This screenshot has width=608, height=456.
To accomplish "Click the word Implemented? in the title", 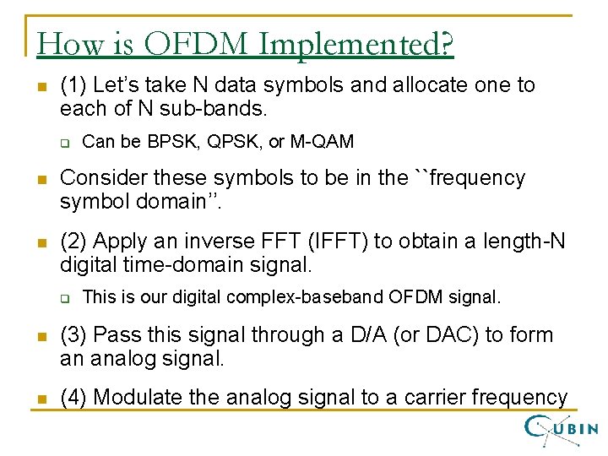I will (x=356, y=45).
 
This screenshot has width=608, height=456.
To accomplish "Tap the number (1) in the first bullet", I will (x=73, y=85).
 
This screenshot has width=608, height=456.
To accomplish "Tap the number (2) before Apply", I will (x=73, y=242).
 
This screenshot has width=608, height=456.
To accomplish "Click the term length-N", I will (x=530, y=242).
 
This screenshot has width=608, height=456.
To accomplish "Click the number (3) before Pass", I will (x=73, y=335).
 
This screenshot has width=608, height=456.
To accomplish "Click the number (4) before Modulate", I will (x=73, y=397).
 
